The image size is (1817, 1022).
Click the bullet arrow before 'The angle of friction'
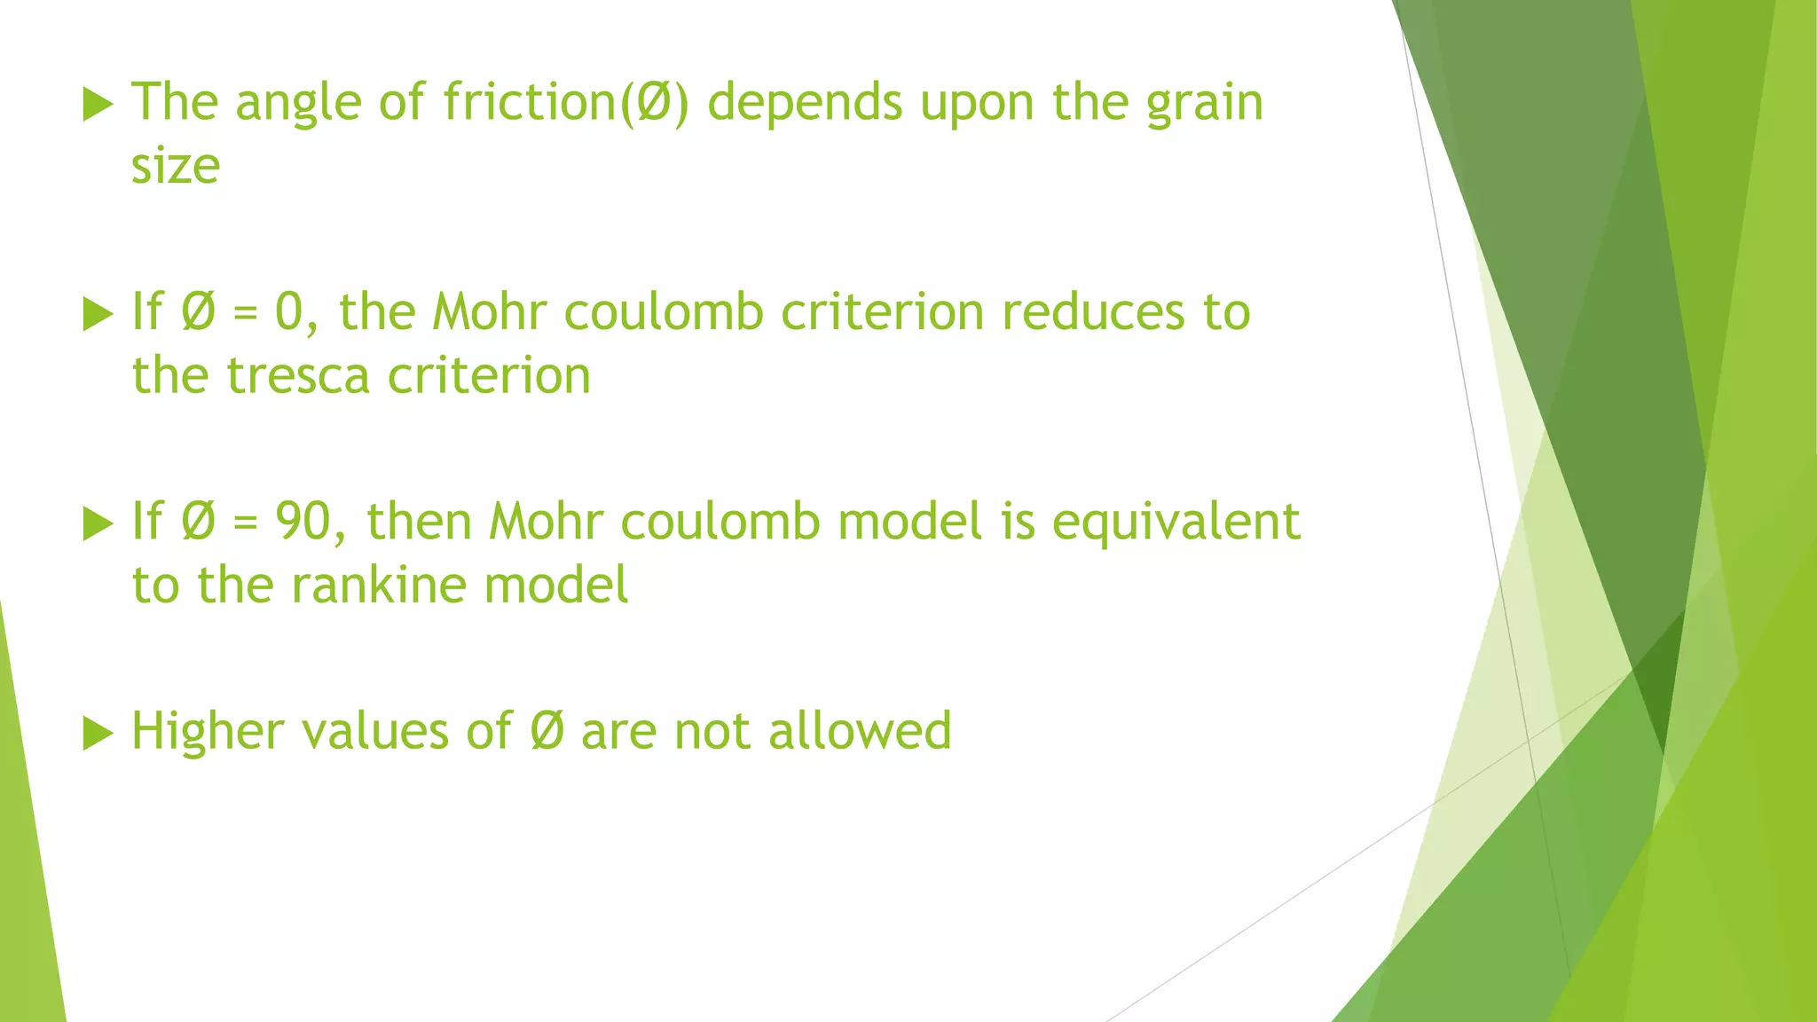(98, 105)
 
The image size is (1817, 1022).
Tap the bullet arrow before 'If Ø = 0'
(98, 314)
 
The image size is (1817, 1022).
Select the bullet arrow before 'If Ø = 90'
(98, 523)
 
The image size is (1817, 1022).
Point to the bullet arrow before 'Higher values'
(98, 734)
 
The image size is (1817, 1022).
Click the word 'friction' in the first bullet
(529, 102)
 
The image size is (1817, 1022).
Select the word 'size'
(176, 167)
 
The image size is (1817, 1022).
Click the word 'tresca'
(297, 376)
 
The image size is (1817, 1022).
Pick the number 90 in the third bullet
(303, 522)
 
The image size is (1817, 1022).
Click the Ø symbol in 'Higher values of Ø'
(547, 732)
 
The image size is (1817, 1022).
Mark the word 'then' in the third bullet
(419, 522)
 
